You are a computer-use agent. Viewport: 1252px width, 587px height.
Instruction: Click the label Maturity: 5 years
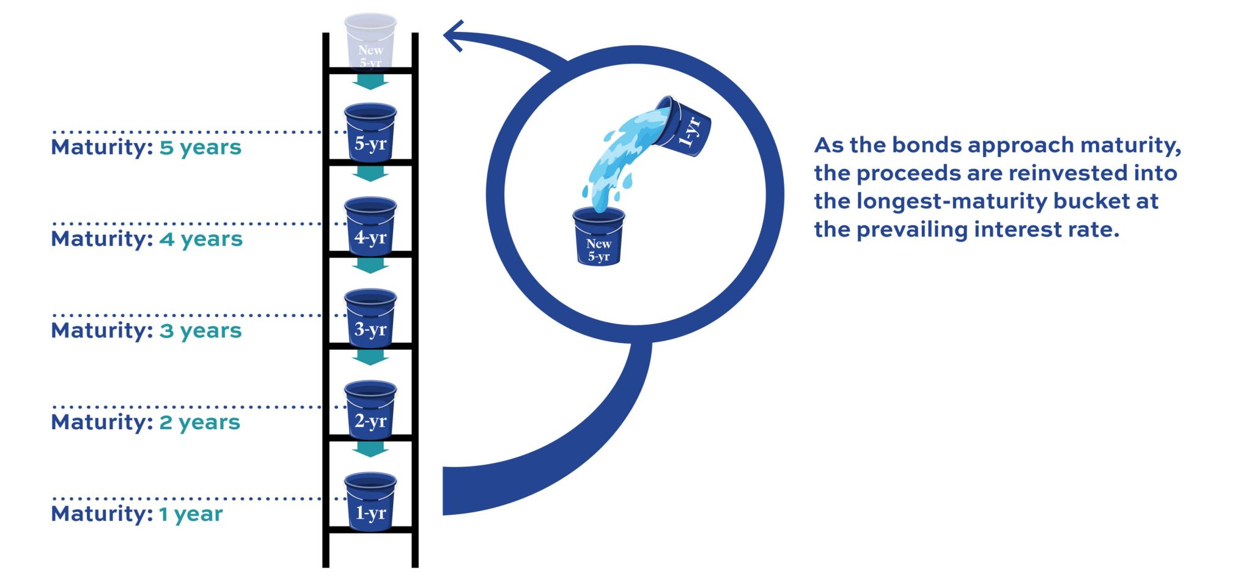coord(146,147)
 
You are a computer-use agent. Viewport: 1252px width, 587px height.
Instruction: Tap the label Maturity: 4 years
coord(147,239)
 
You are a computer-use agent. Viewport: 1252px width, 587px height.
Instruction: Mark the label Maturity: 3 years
coord(146,331)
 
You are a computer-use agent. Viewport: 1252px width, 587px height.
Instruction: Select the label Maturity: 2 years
coord(145,423)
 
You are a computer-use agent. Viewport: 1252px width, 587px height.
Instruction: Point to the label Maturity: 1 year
coord(136,514)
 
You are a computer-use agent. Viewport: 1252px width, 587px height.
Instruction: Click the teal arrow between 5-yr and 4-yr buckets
coord(370,174)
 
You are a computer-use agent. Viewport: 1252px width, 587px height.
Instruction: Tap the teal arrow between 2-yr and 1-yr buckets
coord(370,449)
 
